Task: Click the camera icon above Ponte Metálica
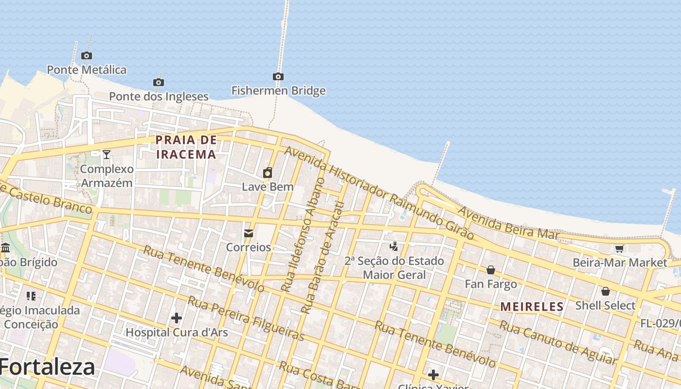tap(87, 55)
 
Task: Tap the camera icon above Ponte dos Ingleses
tap(159, 82)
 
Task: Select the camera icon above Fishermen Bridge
tap(278, 76)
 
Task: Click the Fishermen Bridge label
tap(278, 91)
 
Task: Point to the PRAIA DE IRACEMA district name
tap(186, 147)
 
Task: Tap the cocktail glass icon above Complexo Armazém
tap(107, 155)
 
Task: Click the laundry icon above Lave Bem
tap(268, 173)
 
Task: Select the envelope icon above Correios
tap(249, 233)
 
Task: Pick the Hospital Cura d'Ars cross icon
tap(177, 318)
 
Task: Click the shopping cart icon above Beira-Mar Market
tap(619, 249)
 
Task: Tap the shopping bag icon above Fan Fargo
tap(491, 270)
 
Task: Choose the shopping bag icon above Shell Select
tap(606, 291)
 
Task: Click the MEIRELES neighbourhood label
tap(532, 307)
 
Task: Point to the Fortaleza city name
tap(47, 367)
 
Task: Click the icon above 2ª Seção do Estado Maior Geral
tap(394, 247)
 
